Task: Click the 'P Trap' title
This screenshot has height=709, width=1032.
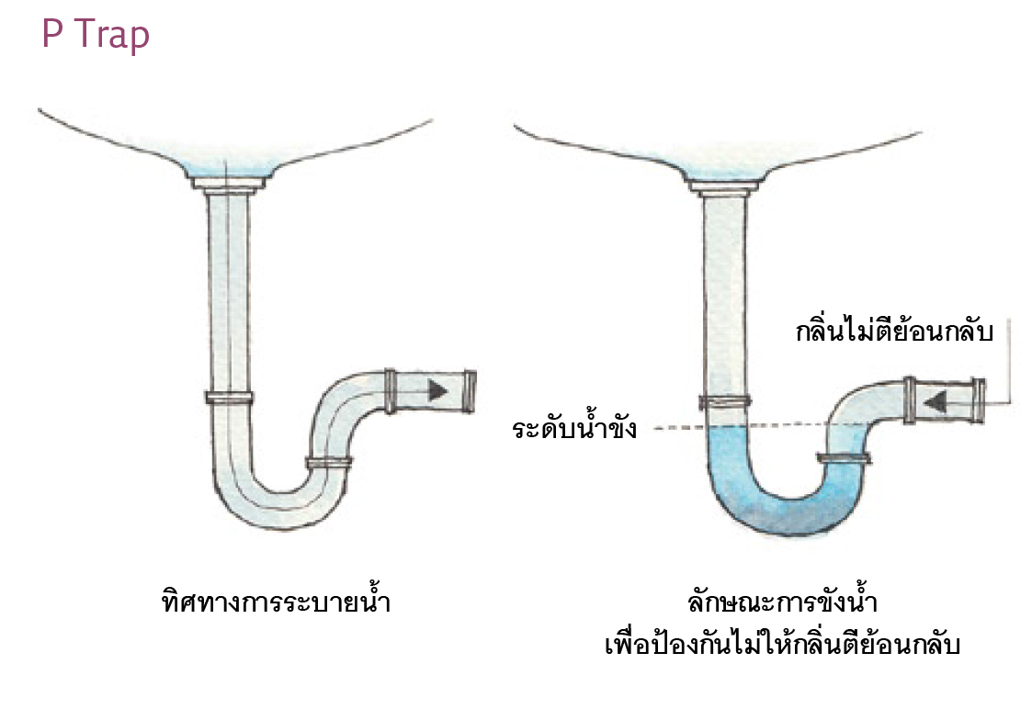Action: point(96,35)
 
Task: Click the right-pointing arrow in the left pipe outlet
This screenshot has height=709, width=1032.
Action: point(438,390)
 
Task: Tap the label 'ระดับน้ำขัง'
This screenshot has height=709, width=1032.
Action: point(574,429)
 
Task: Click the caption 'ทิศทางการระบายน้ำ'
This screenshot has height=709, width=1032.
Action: point(269,603)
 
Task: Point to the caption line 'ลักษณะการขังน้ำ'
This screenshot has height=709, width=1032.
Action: point(781,603)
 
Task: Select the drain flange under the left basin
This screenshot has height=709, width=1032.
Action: point(228,186)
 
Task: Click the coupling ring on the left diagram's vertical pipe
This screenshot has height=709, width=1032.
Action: point(229,398)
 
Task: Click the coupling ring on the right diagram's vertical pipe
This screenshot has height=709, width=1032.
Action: point(725,400)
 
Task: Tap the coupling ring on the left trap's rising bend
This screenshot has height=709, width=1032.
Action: point(329,463)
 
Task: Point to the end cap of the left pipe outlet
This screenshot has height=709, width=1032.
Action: point(470,390)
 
